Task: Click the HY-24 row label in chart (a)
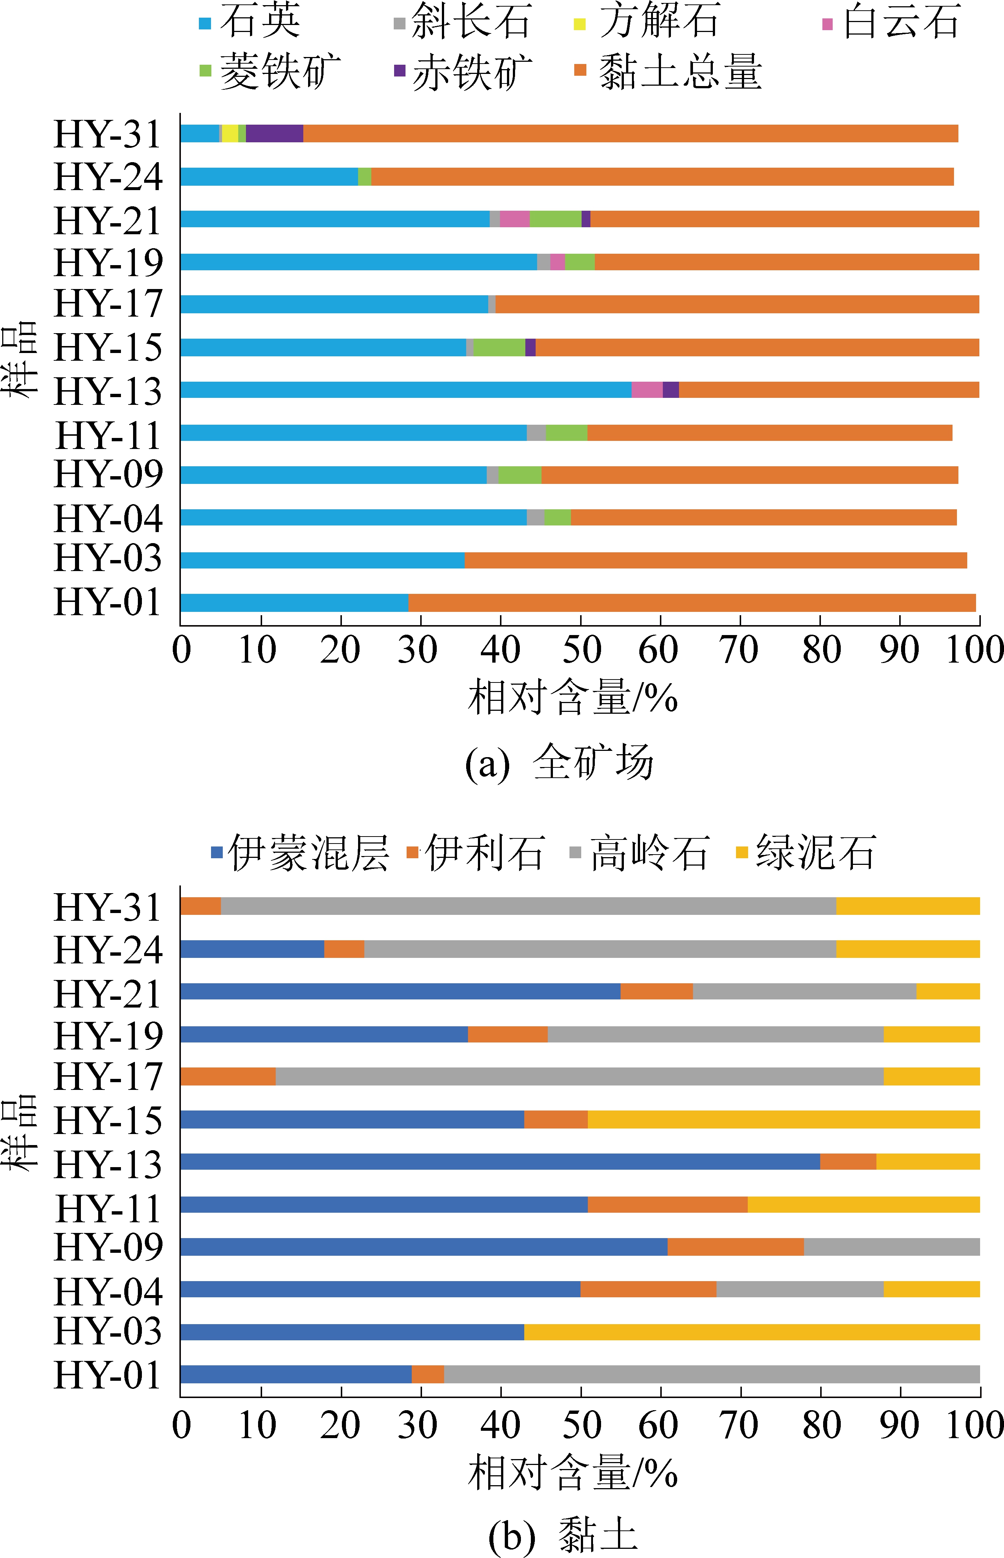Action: click(108, 177)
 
